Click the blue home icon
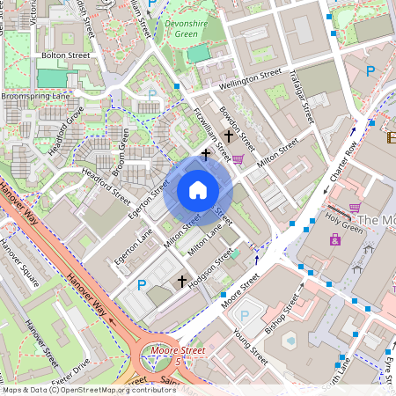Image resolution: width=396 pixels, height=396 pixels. coord(198,190)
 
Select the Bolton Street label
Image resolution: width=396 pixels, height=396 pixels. coord(66,55)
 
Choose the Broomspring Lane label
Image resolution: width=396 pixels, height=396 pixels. coord(35,95)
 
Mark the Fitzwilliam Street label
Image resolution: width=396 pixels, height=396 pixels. coord(211,135)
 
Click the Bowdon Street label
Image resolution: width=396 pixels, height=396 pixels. coord(238,128)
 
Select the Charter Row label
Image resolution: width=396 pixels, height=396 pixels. coord(343,161)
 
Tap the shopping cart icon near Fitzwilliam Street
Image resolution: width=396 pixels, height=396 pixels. coord(238,158)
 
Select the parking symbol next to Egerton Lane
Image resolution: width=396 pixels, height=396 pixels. coord(142,284)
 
